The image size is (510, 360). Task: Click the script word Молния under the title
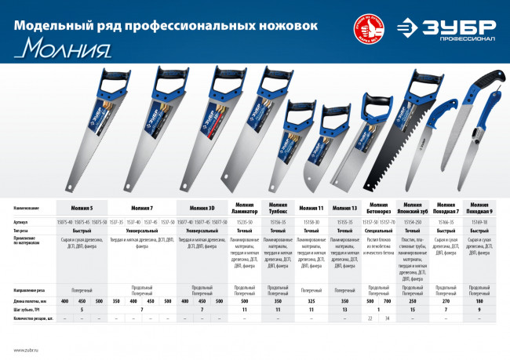tap(64, 49)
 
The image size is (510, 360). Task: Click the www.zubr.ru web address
tap(26, 350)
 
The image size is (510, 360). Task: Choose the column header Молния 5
tap(82, 209)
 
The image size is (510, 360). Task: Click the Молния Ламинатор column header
tap(244, 209)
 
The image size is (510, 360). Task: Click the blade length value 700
tap(386, 279)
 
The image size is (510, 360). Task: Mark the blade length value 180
tap(479, 279)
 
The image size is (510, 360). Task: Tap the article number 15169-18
tap(479, 222)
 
